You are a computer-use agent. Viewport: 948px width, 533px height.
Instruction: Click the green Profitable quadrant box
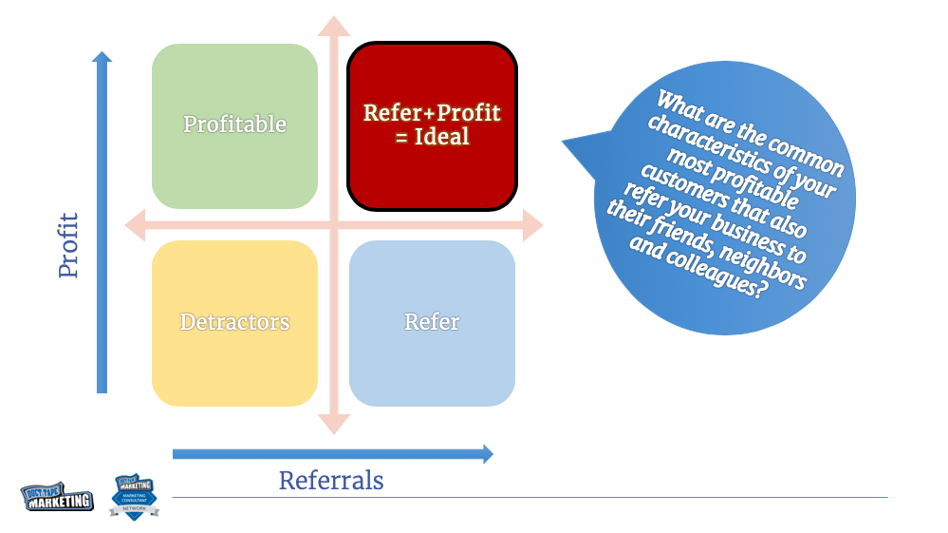(234, 125)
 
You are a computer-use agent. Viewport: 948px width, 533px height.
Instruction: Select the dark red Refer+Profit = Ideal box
(432, 125)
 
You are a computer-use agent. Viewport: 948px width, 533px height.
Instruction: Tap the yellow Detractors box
(234, 323)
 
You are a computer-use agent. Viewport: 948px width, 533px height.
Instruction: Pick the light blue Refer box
(432, 323)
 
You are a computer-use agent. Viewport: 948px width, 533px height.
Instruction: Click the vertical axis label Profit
(68, 245)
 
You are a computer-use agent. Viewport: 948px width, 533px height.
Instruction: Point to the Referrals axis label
(331, 481)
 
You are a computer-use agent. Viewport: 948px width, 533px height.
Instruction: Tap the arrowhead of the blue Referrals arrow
(487, 454)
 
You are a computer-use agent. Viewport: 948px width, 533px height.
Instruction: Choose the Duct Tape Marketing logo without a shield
(57, 497)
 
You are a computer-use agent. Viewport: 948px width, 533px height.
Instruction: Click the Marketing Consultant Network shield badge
(134, 496)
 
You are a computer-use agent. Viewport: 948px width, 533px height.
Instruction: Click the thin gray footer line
(531, 497)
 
